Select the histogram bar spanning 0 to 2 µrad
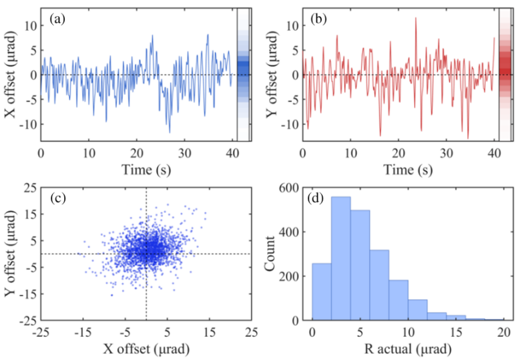322,292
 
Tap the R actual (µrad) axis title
408,349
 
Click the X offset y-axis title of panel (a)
11,75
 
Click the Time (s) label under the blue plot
136,170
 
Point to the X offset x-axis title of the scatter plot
146,349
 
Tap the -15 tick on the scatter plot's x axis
83,331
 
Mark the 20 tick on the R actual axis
503,331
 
